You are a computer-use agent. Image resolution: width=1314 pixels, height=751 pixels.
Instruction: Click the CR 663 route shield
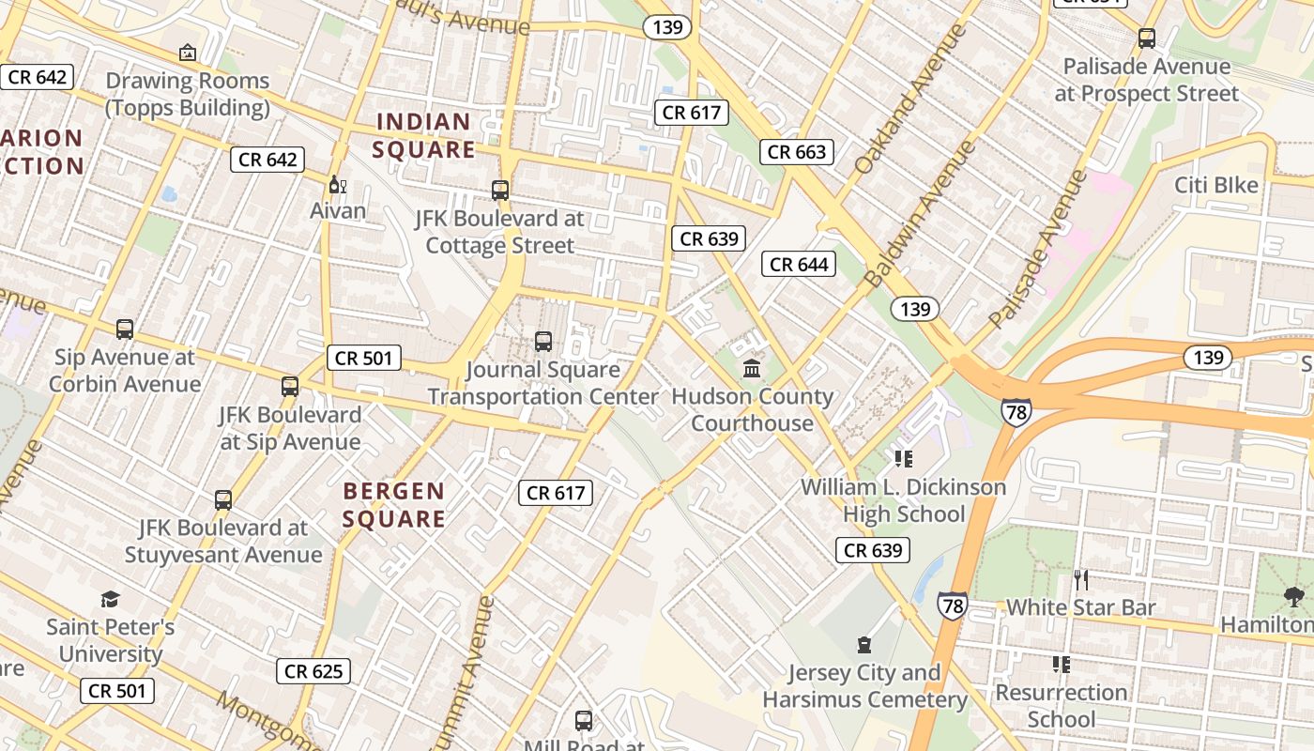click(x=798, y=151)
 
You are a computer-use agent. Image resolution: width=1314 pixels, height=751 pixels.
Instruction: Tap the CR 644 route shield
click(x=799, y=264)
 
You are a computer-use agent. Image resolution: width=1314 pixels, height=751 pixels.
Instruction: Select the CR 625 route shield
click(x=313, y=670)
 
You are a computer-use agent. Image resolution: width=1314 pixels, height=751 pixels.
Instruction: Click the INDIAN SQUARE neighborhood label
click(x=425, y=135)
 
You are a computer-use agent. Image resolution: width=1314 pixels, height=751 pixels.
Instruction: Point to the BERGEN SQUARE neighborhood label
click(x=394, y=505)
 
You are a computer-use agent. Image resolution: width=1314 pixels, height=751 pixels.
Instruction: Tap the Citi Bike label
click(x=1216, y=185)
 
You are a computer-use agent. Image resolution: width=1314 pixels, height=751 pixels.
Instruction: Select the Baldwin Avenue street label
click(x=921, y=214)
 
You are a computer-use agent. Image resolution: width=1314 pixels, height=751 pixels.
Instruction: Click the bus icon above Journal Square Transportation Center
click(x=542, y=341)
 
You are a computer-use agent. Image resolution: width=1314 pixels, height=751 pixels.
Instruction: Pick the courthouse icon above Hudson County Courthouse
click(x=752, y=368)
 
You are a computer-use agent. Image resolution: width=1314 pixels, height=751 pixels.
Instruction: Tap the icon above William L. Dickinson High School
click(x=904, y=458)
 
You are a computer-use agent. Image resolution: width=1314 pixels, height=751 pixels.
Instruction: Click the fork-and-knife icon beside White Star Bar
click(x=1081, y=579)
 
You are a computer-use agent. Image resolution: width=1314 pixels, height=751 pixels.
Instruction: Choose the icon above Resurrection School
click(x=1062, y=665)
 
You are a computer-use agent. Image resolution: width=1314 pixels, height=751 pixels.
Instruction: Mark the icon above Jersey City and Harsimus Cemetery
click(x=863, y=645)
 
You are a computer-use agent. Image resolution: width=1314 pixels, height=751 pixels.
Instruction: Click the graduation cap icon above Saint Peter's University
click(x=111, y=599)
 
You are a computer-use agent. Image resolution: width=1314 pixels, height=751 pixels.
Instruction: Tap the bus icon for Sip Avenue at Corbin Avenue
click(x=125, y=330)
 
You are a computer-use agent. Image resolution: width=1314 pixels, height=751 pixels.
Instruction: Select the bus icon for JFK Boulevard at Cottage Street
click(x=500, y=191)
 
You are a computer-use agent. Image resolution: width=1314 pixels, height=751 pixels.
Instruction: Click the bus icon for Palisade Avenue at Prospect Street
click(x=1146, y=38)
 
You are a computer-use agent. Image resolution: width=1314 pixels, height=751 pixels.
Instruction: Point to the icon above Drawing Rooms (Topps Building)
click(x=188, y=53)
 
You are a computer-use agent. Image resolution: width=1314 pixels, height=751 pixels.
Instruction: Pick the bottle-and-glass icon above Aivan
click(x=338, y=184)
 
